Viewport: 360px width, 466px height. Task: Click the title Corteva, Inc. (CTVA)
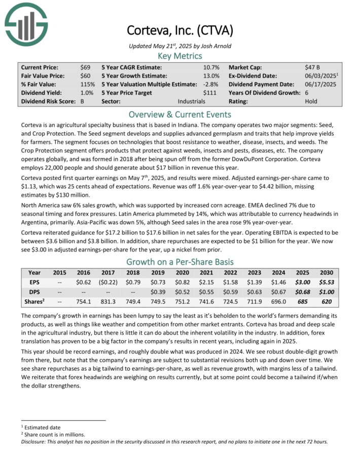[179, 30]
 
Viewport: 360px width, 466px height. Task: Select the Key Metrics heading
[179, 56]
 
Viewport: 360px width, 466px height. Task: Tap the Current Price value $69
[85, 67]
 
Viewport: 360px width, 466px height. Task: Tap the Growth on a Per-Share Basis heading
[179, 262]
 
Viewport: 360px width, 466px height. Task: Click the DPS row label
[34, 291]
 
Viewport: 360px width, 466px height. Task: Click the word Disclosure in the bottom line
[34, 442]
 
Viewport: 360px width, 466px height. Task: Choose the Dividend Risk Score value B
[82, 101]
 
